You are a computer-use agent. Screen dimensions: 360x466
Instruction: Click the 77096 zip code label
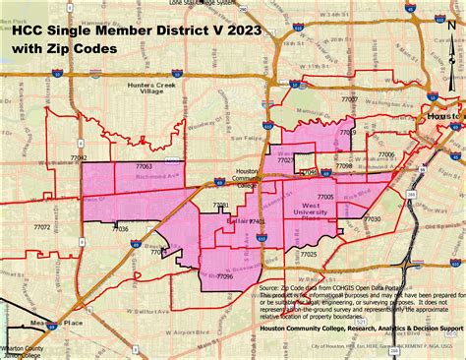[x=224, y=277]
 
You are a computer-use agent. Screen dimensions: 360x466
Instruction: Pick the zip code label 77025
[x=309, y=254]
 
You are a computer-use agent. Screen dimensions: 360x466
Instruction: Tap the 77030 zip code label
[x=372, y=219]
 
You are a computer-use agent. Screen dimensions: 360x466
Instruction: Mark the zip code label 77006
[x=386, y=154]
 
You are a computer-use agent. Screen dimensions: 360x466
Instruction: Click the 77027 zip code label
[x=286, y=158]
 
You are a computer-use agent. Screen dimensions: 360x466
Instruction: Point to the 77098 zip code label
[x=343, y=166]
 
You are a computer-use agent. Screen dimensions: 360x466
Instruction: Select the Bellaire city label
[x=238, y=222]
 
